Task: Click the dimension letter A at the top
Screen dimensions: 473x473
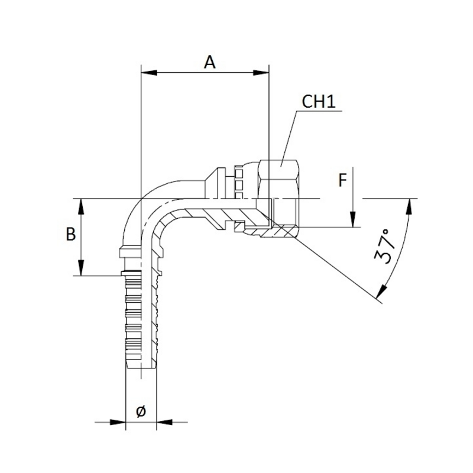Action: [x=210, y=61]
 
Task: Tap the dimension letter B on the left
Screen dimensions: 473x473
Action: [x=70, y=234]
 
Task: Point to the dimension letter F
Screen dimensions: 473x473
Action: [x=342, y=180]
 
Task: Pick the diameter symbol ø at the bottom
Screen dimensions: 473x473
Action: [x=141, y=412]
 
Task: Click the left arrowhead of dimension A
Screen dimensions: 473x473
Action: [x=144, y=73]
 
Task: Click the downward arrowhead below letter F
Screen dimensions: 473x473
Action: [x=352, y=222]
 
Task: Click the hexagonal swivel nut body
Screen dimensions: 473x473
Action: [x=280, y=177]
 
